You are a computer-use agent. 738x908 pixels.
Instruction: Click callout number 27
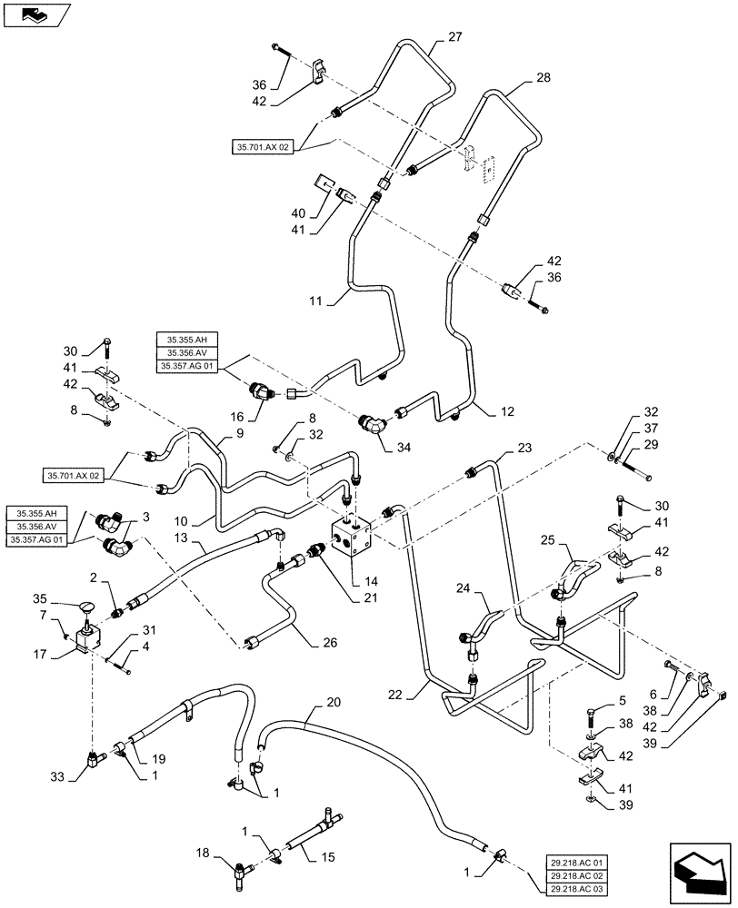455,38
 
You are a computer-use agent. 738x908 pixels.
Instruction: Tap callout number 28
543,79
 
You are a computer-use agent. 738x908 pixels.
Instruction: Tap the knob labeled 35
86,607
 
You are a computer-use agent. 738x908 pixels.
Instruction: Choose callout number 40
299,214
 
